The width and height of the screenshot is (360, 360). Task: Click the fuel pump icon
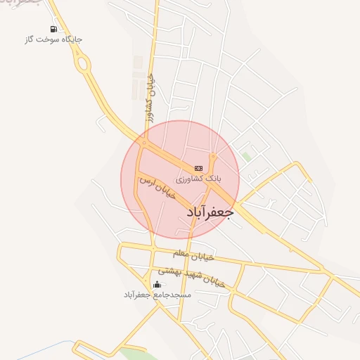53,29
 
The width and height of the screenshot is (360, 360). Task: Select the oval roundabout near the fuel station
84,67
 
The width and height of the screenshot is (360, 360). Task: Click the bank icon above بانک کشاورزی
198,168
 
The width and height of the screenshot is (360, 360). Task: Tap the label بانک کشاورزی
198,179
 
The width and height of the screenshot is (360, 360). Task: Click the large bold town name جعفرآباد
209,212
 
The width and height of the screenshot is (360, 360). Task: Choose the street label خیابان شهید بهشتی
191,275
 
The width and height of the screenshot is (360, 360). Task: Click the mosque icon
156,285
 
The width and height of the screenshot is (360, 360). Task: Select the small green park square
245,155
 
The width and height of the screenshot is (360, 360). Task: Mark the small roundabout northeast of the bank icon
212,155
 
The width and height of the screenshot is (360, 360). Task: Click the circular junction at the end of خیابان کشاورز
144,143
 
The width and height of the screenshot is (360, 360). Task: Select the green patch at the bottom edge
138,354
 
